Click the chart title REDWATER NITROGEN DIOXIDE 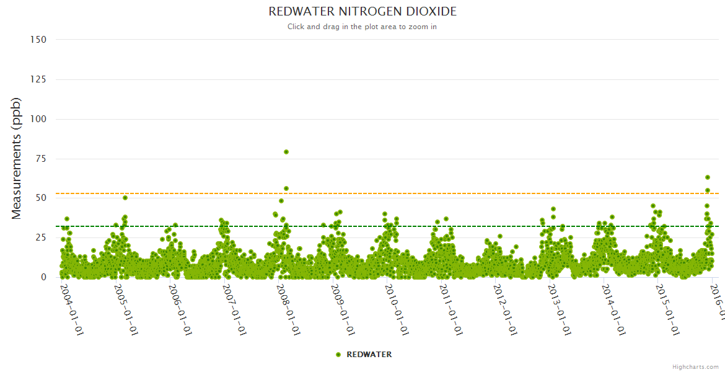pyautogui.click(x=362, y=12)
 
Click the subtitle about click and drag pyautogui.click(x=362, y=27)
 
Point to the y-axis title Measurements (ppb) pyautogui.click(x=17, y=158)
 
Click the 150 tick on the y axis pyautogui.click(x=38, y=40)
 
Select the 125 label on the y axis pyautogui.click(x=38, y=79)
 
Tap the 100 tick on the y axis pyautogui.click(x=38, y=119)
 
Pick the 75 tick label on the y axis pyautogui.click(x=41, y=159)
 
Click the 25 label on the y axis pyautogui.click(x=41, y=237)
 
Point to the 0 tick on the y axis pyautogui.click(x=43, y=277)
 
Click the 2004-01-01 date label pyautogui.click(x=72, y=309)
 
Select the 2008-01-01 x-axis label pyautogui.click(x=289, y=309)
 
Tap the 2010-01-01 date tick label pyautogui.click(x=397, y=309)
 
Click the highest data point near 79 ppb pyautogui.click(x=286, y=152)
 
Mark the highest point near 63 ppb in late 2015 pyautogui.click(x=708, y=177)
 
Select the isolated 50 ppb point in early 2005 pyautogui.click(x=125, y=198)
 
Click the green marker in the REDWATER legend pyautogui.click(x=338, y=355)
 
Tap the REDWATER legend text pyautogui.click(x=369, y=355)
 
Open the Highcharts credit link pyautogui.click(x=695, y=366)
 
